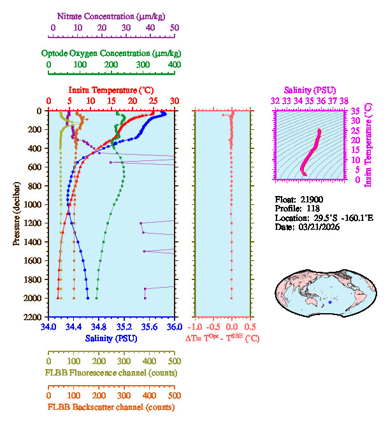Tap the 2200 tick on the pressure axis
(x=34, y=317)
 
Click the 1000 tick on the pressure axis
(x=34, y=204)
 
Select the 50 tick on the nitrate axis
(x=174, y=28)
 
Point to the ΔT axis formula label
(x=222, y=338)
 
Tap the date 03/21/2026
(x=317, y=227)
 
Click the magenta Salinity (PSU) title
(x=310, y=90)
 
